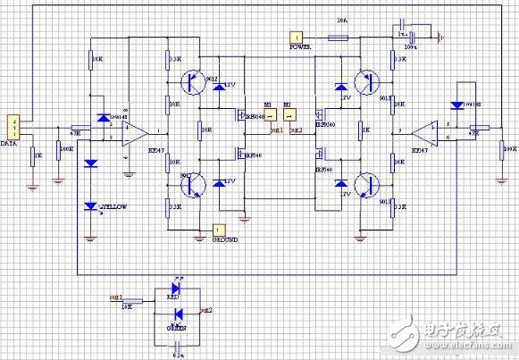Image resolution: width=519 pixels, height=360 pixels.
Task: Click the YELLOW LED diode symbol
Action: pyautogui.click(x=89, y=206)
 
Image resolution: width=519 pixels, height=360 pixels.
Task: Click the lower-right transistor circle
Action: pyautogui.click(x=365, y=185)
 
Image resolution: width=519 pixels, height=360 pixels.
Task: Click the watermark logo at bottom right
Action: pyautogui.click(x=461, y=335)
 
